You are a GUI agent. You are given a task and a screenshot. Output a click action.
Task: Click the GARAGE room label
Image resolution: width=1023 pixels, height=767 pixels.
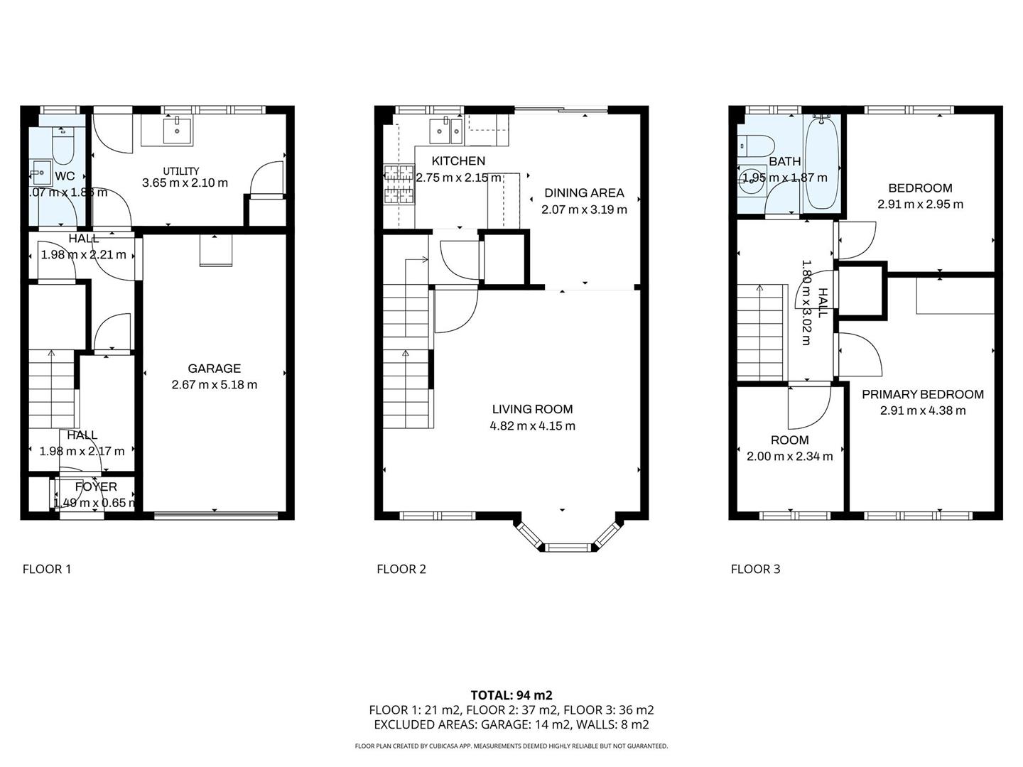click(x=214, y=368)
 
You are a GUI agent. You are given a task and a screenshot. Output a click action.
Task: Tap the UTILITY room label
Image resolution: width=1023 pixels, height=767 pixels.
click(x=181, y=170)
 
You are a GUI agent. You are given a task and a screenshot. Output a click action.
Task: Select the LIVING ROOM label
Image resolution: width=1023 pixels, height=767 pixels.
click(x=532, y=409)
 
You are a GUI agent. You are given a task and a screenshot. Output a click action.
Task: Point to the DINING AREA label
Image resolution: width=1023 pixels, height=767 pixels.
click(x=584, y=192)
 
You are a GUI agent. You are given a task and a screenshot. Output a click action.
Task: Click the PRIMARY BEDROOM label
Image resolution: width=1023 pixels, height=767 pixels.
click(x=922, y=394)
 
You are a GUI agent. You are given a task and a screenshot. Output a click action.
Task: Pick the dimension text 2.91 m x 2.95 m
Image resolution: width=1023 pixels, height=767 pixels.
click(x=920, y=205)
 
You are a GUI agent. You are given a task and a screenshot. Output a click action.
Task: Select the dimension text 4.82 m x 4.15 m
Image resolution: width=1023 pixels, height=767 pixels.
click(x=532, y=426)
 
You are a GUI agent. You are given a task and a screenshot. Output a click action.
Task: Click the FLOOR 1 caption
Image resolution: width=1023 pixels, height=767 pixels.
click(x=47, y=569)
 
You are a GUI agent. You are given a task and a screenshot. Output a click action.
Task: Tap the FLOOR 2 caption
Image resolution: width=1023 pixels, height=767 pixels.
click(x=401, y=569)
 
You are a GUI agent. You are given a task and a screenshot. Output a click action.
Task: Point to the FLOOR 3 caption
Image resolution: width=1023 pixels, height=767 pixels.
click(x=755, y=569)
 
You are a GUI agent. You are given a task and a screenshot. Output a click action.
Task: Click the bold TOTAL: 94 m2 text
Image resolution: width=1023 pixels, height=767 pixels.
click(x=511, y=695)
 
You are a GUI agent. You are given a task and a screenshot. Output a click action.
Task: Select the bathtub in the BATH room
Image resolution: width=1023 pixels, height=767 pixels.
click(x=821, y=163)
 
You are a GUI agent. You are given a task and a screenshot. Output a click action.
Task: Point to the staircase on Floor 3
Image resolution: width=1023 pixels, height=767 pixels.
click(x=761, y=330)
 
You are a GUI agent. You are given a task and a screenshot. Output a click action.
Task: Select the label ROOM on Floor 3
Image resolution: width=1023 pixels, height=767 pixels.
click(x=789, y=440)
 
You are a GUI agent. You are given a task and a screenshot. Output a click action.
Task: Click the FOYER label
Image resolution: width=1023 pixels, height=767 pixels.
click(x=96, y=487)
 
